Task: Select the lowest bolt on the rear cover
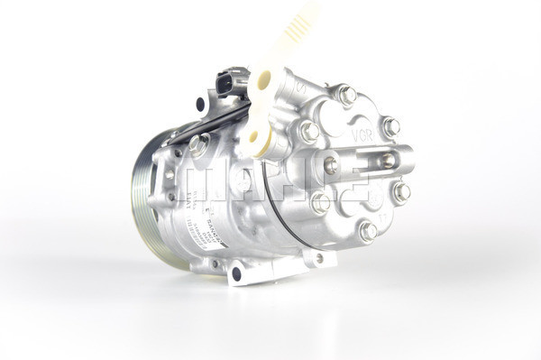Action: tap(368, 231)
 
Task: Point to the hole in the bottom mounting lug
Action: tap(236, 272)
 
